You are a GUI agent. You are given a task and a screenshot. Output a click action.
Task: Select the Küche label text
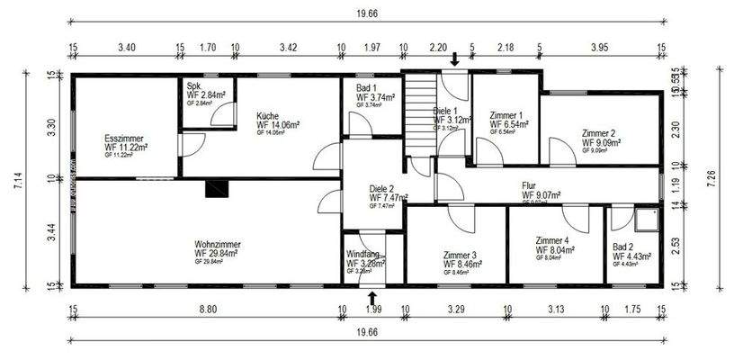tap(266, 116)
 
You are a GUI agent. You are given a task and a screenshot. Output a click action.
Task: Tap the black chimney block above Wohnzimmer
tap(217, 188)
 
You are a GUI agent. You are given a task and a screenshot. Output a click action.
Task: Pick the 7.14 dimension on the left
tap(17, 180)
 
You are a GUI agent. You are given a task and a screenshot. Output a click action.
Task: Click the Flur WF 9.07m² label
tap(545, 191)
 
